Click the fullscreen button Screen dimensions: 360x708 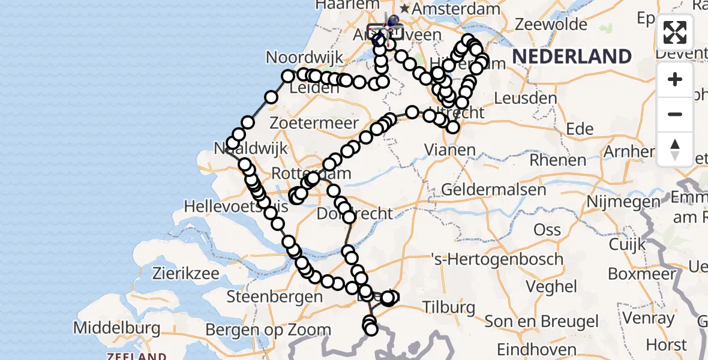675,32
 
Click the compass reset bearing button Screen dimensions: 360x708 675,149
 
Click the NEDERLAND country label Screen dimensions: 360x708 572,56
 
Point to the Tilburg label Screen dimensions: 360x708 449,308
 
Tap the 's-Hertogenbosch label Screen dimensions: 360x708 497,259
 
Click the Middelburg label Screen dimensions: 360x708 117,328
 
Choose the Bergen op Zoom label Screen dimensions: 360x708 268,330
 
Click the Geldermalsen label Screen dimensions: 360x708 493,190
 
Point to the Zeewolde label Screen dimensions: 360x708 551,25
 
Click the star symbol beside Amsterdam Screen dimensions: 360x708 405,9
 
